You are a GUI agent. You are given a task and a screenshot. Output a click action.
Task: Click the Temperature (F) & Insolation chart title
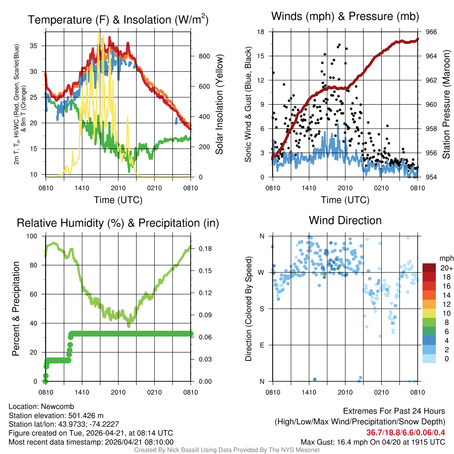[118, 20]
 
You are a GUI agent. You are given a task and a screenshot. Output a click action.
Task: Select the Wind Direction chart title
[345, 220]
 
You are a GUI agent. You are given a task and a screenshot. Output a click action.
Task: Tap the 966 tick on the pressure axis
[431, 32]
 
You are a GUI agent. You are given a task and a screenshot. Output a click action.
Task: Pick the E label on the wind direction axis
[262, 345]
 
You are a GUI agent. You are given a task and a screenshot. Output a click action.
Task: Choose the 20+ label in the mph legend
[446, 268]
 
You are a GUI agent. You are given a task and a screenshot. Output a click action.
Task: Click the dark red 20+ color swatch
[429, 268]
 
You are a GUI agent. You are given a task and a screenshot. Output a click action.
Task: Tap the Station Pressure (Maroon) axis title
[446, 105]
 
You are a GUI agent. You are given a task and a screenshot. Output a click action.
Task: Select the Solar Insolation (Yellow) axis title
[219, 105]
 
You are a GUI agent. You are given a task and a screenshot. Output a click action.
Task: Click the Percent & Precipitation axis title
[16, 309]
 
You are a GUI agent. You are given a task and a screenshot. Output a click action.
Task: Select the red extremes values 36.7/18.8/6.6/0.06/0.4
[406, 432]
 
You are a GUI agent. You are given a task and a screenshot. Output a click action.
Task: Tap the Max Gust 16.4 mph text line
[373, 442]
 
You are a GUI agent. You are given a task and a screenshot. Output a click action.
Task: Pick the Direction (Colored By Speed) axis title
[248, 309]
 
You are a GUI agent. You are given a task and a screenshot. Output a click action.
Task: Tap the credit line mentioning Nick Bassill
[227, 450]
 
